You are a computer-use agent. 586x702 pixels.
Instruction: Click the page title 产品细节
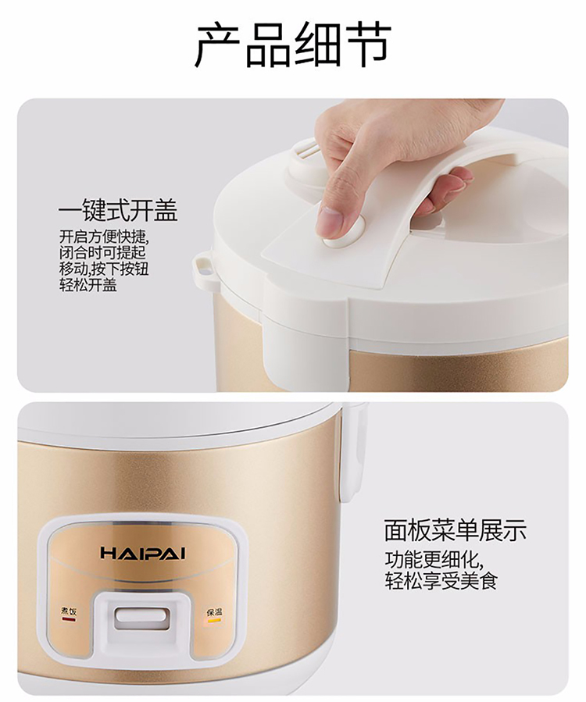click(x=293, y=45)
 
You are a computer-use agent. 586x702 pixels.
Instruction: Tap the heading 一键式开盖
click(x=118, y=211)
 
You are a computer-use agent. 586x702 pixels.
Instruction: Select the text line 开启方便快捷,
click(x=103, y=237)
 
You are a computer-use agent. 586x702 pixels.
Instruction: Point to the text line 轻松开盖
click(x=88, y=285)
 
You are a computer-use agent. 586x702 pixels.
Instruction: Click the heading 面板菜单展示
click(x=456, y=530)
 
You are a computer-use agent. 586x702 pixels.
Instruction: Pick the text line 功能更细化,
click(x=434, y=560)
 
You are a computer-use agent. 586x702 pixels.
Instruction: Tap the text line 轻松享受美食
click(x=441, y=581)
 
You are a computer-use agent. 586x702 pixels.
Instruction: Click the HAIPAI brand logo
click(x=142, y=553)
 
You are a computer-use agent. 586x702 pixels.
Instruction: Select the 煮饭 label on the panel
click(x=69, y=611)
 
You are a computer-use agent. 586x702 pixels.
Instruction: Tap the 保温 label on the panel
click(x=214, y=612)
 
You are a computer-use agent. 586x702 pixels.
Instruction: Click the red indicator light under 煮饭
click(x=69, y=620)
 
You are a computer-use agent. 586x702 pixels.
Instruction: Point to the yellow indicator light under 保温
click(x=214, y=621)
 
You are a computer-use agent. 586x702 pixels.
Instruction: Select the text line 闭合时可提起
click(x=102, y=252)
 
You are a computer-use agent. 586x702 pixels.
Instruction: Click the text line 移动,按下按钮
click(x=103, y=269)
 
